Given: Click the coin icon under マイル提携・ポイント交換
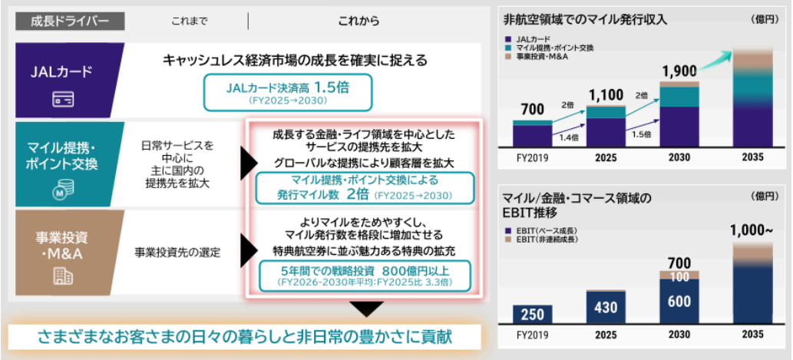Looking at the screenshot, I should tap(62, 190).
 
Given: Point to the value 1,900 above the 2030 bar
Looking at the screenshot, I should tap(679, 71).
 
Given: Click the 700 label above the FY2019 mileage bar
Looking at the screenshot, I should tap(531, 109).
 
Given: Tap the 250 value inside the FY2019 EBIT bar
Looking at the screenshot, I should tap(531, 314).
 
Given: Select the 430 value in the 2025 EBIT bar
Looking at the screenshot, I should tap(605, 308).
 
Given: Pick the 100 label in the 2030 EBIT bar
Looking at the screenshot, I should tap(679, 277).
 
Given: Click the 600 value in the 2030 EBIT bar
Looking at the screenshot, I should tap(679, 302).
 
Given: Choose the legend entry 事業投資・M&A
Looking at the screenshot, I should tap(549, 56).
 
